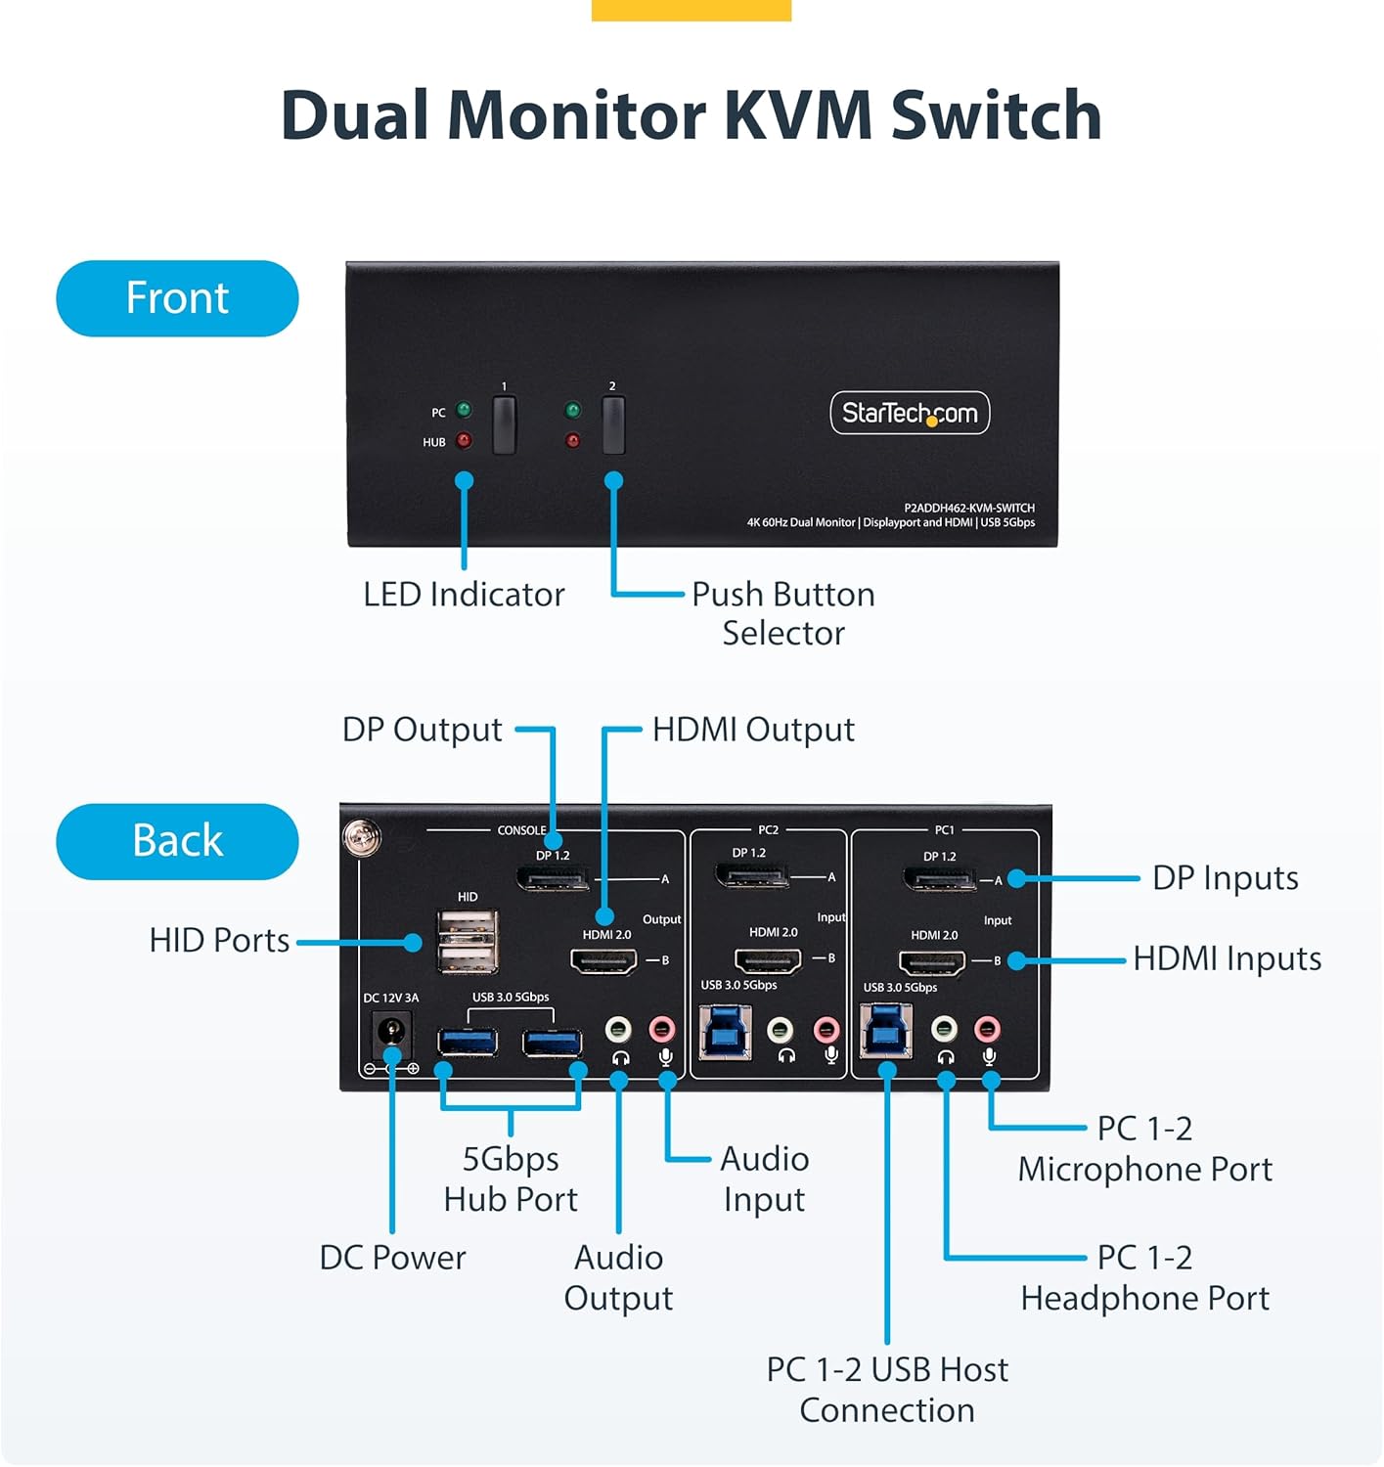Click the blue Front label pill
(x=177, y=298)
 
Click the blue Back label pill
(x=177, y=841)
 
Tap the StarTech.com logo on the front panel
(x=910, y=413)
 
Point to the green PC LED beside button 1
(x=465, y=410)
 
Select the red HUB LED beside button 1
(x=465, y=441)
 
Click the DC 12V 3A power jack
(x=392, y=1032)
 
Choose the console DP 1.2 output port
(x=553, y=878)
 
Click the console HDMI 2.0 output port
(x=603, y=960)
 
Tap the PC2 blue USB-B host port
(x=726, y=1032)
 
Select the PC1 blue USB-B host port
(x=886, y=1032)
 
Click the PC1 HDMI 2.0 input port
(x=932, y=962)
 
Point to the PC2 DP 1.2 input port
(x=751, y=875)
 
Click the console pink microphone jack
(x=663, y=1029)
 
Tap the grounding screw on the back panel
(x=361, y=837)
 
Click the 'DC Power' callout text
(x=392, y=1258)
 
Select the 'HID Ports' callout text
(x=219, y=941)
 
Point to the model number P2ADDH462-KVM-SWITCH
(x=968, y=508)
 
